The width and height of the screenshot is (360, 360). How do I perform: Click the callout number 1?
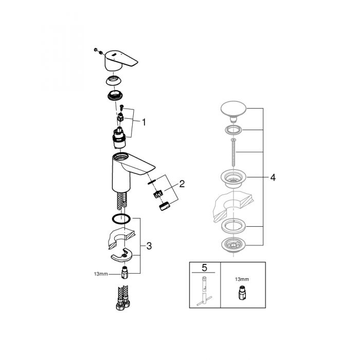pyautogui.click(x=144, y=122)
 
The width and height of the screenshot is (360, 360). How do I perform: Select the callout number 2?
pyautogui.click(x=182, y=184)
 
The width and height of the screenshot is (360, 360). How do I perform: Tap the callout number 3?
pyautogui.click(x=149, y=246)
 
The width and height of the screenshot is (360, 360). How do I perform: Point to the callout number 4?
pyautogui.click(x=273, y=177)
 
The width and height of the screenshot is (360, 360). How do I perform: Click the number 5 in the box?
pyautogui.click(x=204, y=268)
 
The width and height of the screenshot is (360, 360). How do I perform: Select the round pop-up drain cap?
pyautogui.click(x=233, y=111)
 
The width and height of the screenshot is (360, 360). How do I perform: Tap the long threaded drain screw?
pyautogui.click(x=233, y=152)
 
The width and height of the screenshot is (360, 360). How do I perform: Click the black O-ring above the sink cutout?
pyautogui.click(x=121, y=219)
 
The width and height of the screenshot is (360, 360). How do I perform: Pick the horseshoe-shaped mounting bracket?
pyautogui.click(x=122, y=255)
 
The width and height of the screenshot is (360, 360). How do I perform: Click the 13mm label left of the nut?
pyautogui.click(x=101, y=274)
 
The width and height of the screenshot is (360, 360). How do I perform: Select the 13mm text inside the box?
pyautogui.click(x=242, y=279)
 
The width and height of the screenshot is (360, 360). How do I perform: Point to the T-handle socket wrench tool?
pyautogui.click(x=204, y=291)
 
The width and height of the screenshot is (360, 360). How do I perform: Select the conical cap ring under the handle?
pyautogui.click(x=114, y=80)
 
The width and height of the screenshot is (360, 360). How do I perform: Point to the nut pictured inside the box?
pyautogui.click(x=241, y=293)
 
